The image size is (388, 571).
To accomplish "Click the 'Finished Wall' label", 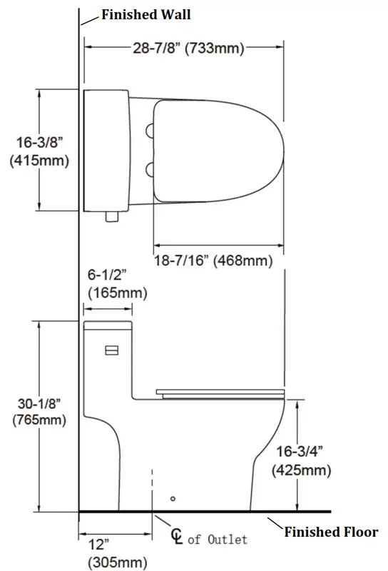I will (x=145, y=14).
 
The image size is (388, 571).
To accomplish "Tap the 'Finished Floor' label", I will (x=331, y=532).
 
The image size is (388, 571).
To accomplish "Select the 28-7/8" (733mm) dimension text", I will (x=188, y=49).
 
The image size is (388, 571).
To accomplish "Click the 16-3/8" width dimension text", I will (x=39, y=143).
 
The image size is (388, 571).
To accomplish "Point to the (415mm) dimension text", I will (x=39, y=161).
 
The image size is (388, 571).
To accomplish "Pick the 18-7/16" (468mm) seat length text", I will (x=213, y=261).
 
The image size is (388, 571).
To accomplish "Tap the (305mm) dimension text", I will (x=117, y=562).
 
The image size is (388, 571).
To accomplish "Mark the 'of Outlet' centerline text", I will (x=218, y=539).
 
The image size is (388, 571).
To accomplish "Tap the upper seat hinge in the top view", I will (x=150, y=129).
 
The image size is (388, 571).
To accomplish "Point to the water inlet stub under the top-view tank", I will (x=110, y=216).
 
